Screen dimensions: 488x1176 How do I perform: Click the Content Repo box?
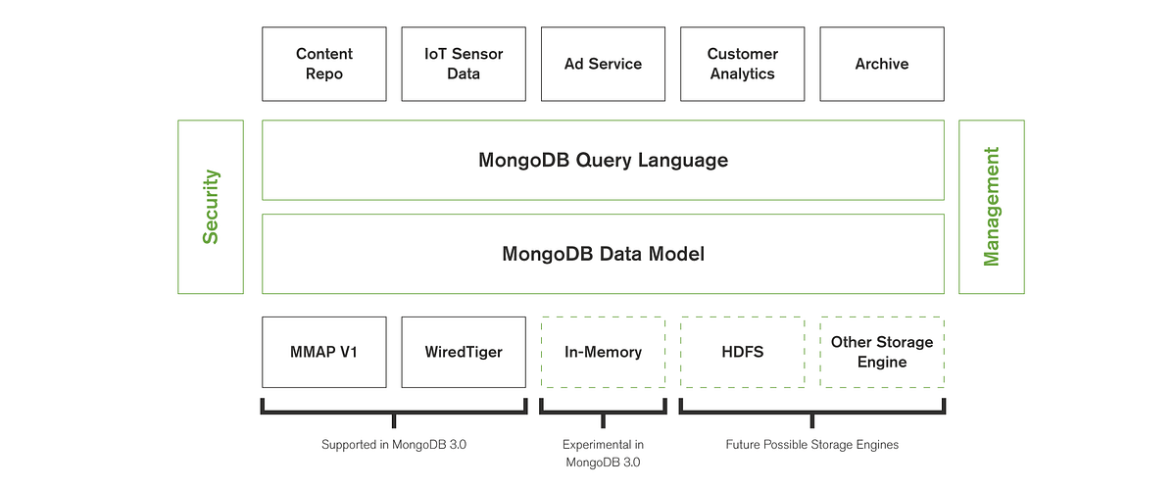point(324,64)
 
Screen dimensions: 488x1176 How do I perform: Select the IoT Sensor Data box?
point(464,64)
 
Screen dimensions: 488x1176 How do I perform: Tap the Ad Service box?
point(603,64)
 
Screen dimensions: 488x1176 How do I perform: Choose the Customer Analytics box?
point(742,64)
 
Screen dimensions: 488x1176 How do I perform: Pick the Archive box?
point(882,64)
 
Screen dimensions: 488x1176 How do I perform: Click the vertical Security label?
point(211,207)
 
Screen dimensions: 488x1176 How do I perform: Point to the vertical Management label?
point(992,207)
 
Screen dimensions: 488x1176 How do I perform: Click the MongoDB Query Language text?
point(603,161)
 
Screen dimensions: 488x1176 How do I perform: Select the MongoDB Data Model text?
point(603,254)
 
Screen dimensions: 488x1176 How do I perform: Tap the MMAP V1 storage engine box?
point(324,352)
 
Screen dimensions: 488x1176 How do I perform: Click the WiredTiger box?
point(464,352)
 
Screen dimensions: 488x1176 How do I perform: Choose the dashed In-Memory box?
point(603,352)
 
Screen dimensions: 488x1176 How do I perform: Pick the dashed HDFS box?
point(742,352)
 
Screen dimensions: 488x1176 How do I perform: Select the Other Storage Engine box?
point(882,352)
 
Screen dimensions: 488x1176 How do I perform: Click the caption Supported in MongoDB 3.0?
point(393,445)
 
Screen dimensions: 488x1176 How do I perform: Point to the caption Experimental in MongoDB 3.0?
point(603,453)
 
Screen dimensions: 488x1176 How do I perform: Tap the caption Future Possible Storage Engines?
point(811,445)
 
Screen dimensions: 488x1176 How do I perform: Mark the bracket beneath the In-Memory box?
point(603,410)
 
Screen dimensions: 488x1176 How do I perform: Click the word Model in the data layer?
point(674,254)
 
